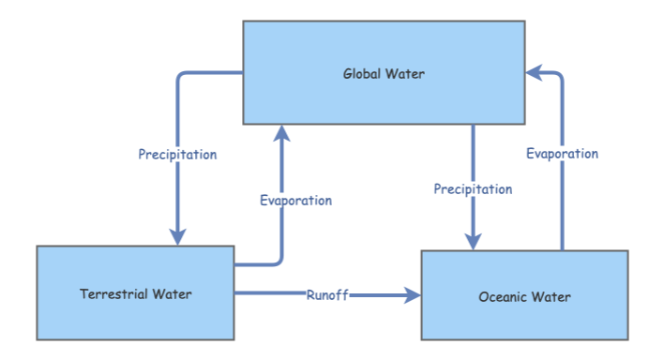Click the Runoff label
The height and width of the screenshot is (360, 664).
point(327,295)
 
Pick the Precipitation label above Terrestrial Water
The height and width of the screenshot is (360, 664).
point(177,155)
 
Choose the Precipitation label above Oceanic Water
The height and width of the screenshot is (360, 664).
point(473,189)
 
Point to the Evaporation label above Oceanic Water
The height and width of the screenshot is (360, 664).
point(562,154)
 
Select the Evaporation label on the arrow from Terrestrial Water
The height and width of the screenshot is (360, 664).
point(295,200)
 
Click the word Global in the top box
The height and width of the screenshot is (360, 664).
point(361,73)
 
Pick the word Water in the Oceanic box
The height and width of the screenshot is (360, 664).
point(551,297)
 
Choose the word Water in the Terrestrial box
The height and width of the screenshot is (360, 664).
point(174,294)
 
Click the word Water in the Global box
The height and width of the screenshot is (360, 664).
point(405,73)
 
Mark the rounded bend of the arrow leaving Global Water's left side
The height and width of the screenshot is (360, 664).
point(180,76)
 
